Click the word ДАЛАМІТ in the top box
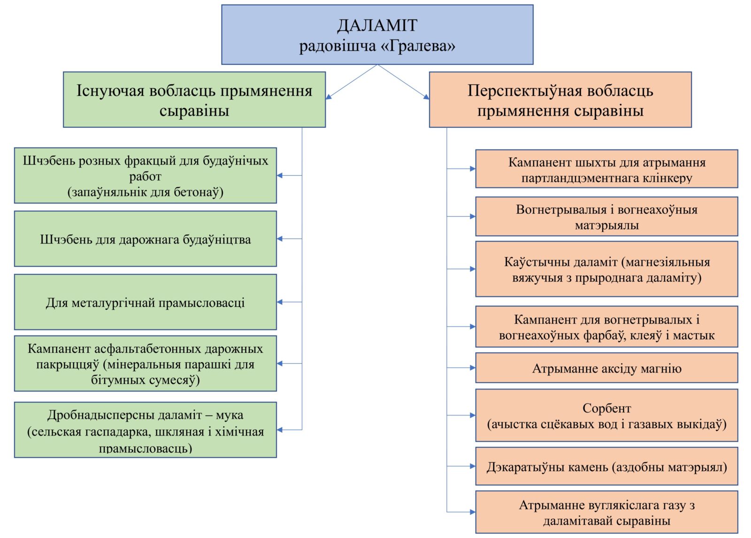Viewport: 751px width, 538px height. (x=377, y=25)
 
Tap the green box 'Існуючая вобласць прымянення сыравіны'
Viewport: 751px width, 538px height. (x=194, y=99)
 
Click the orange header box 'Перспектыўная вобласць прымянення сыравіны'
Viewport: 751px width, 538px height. (x=560, y=99)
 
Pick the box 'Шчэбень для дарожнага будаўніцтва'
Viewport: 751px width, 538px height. (x=146, y=239)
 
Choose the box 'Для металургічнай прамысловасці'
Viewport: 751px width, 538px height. (x=146, y=302)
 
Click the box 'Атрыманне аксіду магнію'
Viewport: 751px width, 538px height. (x=607, y=368)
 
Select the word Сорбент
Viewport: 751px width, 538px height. (x=607, y=408)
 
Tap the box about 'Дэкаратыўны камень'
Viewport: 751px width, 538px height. (x=607, y=466)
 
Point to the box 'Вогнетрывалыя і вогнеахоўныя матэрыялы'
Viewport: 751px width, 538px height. (x=607, y=217)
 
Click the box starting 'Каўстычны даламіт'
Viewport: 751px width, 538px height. (x=607, y=269)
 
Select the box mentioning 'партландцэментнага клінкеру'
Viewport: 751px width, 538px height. (x=607, y=169)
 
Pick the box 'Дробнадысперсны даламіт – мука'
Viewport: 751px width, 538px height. (x=146, y=430)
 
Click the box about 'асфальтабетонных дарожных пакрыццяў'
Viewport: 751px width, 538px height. (x=146, y=364)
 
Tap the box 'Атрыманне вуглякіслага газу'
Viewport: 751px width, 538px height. (x=607, y=512)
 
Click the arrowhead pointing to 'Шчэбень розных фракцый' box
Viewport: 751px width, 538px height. (x=280, y=176)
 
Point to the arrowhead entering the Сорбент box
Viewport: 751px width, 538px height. (x=473, y=415)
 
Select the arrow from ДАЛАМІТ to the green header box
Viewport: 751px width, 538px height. (x=352, y=82)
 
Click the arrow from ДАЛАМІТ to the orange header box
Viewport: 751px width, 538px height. (x=403, y=82)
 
